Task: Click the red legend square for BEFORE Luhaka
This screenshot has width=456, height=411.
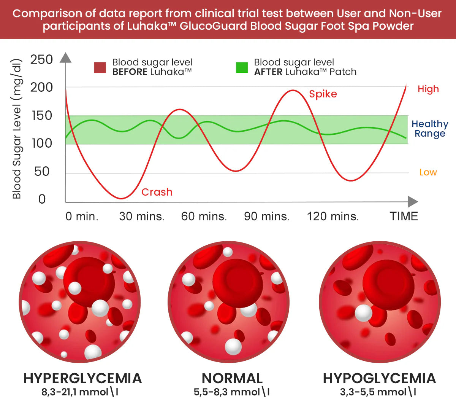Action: [100, 67]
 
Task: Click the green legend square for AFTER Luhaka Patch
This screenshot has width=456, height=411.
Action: [242, 67]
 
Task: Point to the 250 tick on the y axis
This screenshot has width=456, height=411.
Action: [41, 59]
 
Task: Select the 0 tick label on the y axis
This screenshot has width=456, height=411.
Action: [42, 199]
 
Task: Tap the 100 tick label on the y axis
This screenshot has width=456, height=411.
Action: [41, 143]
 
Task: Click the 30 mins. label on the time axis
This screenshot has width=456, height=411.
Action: [142, 217]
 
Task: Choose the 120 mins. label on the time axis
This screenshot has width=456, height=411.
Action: [333, 217]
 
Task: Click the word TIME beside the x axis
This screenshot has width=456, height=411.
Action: [404, 217]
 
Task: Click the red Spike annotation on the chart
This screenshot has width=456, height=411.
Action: [323, 94]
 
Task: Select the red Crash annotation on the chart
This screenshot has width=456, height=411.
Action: [157, 192]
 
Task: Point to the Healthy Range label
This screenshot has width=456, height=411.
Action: [430, 129]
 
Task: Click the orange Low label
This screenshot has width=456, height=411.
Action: [428, 172]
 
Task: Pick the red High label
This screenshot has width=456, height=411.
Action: [428, 89]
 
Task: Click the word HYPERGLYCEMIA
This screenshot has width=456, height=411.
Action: [82, 378]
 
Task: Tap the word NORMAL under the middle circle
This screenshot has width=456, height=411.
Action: [232, 378]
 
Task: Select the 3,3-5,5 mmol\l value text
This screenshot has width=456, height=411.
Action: [378, 392]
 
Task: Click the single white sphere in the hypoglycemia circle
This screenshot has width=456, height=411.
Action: [363, 313]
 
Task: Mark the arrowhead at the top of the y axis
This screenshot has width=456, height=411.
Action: [66, 57]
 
